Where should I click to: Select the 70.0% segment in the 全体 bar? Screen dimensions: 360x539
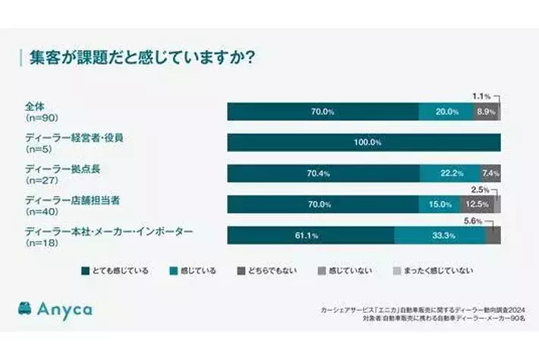[x=323, y=112]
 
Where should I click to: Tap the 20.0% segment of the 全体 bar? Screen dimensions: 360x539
[x=447, y=112]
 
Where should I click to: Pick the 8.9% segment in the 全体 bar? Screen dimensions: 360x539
[x=486, y=112]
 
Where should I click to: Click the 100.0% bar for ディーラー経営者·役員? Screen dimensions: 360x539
[x=364, y=143]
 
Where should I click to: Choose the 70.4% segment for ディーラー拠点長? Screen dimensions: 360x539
[x=323, y=174]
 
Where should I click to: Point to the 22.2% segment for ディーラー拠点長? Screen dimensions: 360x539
[x=452, y=174]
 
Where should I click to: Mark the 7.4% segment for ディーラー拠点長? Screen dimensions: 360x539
[x=490, y=174]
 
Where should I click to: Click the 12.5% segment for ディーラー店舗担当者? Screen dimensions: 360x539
[x=476, y=204]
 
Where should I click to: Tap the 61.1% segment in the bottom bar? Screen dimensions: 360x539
[x=310, y=235]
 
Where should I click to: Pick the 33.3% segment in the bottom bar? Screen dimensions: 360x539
[x=439, y=235]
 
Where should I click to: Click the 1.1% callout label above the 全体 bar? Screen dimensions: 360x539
[x=481, y=96]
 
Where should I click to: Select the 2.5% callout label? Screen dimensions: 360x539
[x=481, y=190]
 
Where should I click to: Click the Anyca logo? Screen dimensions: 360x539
[x=58, y=310]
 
